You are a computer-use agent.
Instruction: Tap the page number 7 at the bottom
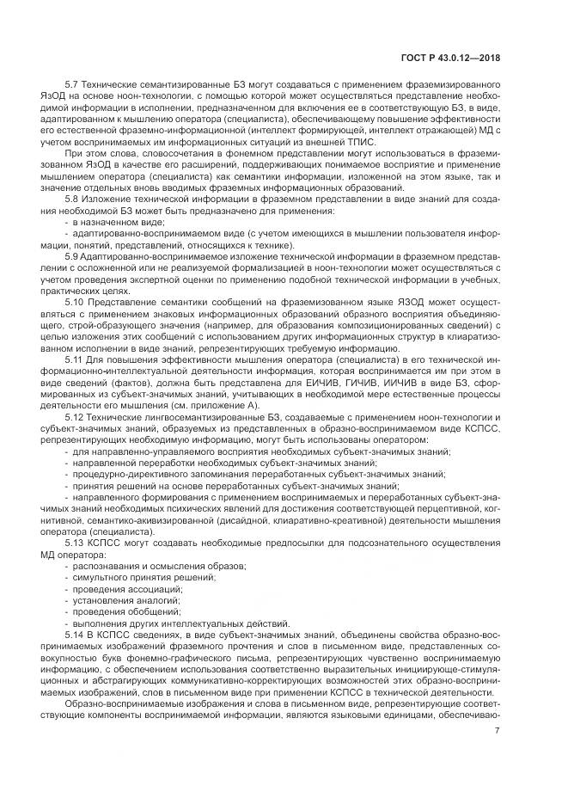pyautogui.click(x=498, y=731)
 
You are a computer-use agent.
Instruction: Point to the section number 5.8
pyautogui.click(x=73, y=199)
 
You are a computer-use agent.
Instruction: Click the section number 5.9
pyautogui.click(x=73, y=255)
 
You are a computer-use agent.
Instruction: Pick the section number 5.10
pyautogui.click(x=76, y=301)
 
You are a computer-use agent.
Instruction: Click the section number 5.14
pyautogui.click(x=76, y=634)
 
